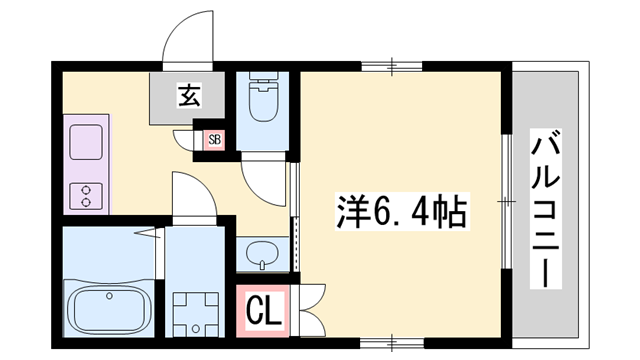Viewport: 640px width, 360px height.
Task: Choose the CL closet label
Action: click(264, 309)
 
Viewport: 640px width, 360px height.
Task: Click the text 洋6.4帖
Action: click(399, 212)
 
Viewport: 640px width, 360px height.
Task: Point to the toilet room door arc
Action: click(262, 178)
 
